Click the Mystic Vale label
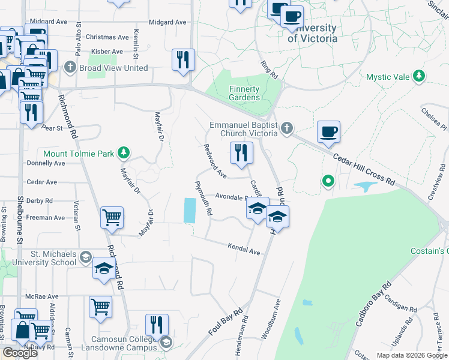[x=388, y=77]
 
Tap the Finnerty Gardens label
[x=244, y=93]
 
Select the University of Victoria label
[x=312, y=34]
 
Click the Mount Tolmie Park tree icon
[x=124, y=152]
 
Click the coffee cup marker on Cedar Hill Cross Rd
[x=328, y=132]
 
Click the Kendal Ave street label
[x=243, y=249]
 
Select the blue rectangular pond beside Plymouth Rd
[x=189, y=210]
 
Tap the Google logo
[x=20, y=352]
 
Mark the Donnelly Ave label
[x=46, y=163]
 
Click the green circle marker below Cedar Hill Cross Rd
[x=328, y=180]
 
